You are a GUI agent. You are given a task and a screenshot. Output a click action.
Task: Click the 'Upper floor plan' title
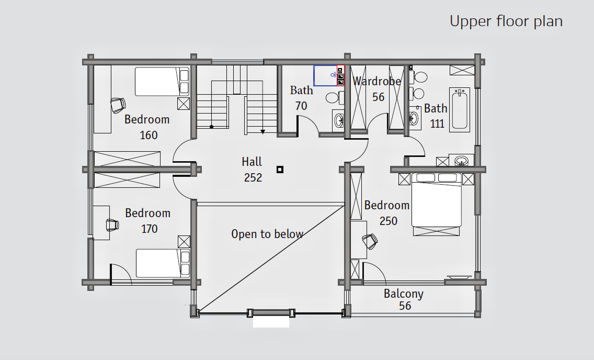click(506, 21)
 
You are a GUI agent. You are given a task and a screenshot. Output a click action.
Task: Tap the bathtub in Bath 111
click(460, 110)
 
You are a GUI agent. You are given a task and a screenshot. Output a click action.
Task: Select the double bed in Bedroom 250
click(437, 205)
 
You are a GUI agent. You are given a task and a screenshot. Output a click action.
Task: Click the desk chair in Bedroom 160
click(118, 105)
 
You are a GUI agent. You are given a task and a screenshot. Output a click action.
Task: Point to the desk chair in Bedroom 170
click(112, 224)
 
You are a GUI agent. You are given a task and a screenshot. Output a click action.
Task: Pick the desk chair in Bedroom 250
click(370, 241)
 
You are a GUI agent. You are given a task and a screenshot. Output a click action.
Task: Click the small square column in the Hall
click(280, 170)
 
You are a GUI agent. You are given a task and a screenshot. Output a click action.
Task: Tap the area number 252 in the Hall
click(253, 177)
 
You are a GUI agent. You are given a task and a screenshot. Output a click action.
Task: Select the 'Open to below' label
click(267, 234)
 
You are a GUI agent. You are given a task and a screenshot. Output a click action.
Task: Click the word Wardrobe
click(376, 81)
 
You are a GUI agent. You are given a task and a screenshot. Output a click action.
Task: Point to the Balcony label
click(404, 294)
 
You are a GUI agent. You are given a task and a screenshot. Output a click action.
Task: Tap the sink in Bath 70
click(338, 121)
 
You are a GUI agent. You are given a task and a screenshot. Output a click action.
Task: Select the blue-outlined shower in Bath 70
click(325, 75)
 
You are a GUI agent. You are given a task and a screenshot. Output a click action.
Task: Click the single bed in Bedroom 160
click(162, 82)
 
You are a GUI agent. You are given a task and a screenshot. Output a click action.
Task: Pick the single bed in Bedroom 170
click(163, 263)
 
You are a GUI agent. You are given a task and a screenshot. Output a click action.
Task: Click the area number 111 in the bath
click(437, 123)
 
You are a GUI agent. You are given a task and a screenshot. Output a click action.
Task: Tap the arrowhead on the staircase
click(262, 132)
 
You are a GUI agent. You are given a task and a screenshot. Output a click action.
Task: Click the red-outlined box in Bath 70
click(340, 75)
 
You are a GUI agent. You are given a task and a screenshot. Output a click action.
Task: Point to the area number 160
click(148, 136)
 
